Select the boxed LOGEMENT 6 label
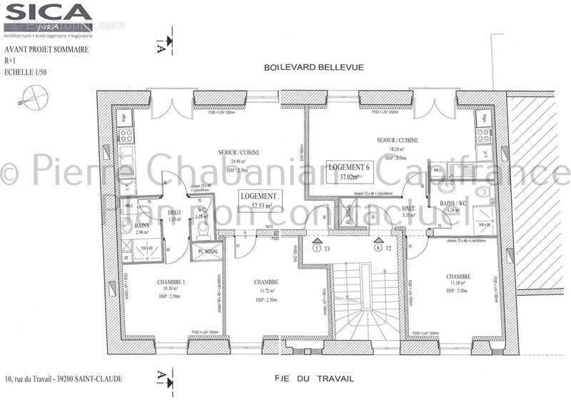tap(349, 171)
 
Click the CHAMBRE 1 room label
tap(171, 282)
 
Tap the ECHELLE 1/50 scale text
tap(26, 72)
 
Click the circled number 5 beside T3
tap(318, 249)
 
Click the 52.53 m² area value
tap(260, 206)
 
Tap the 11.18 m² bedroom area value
tap(456, 284)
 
